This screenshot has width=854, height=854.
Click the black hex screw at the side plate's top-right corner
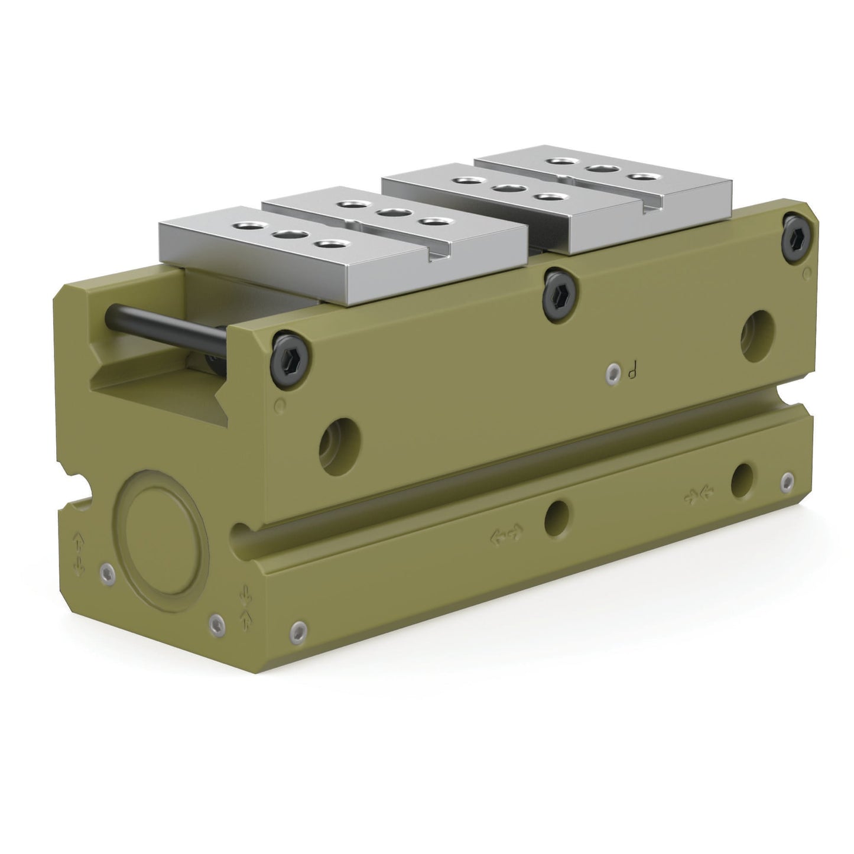click(x=798, y=238)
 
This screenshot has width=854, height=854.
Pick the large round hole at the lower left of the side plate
click(x=340, y=446)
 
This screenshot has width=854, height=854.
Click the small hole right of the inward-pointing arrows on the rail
click(x=742, y=480)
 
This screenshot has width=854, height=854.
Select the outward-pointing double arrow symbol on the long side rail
click(x=506, y=534)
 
